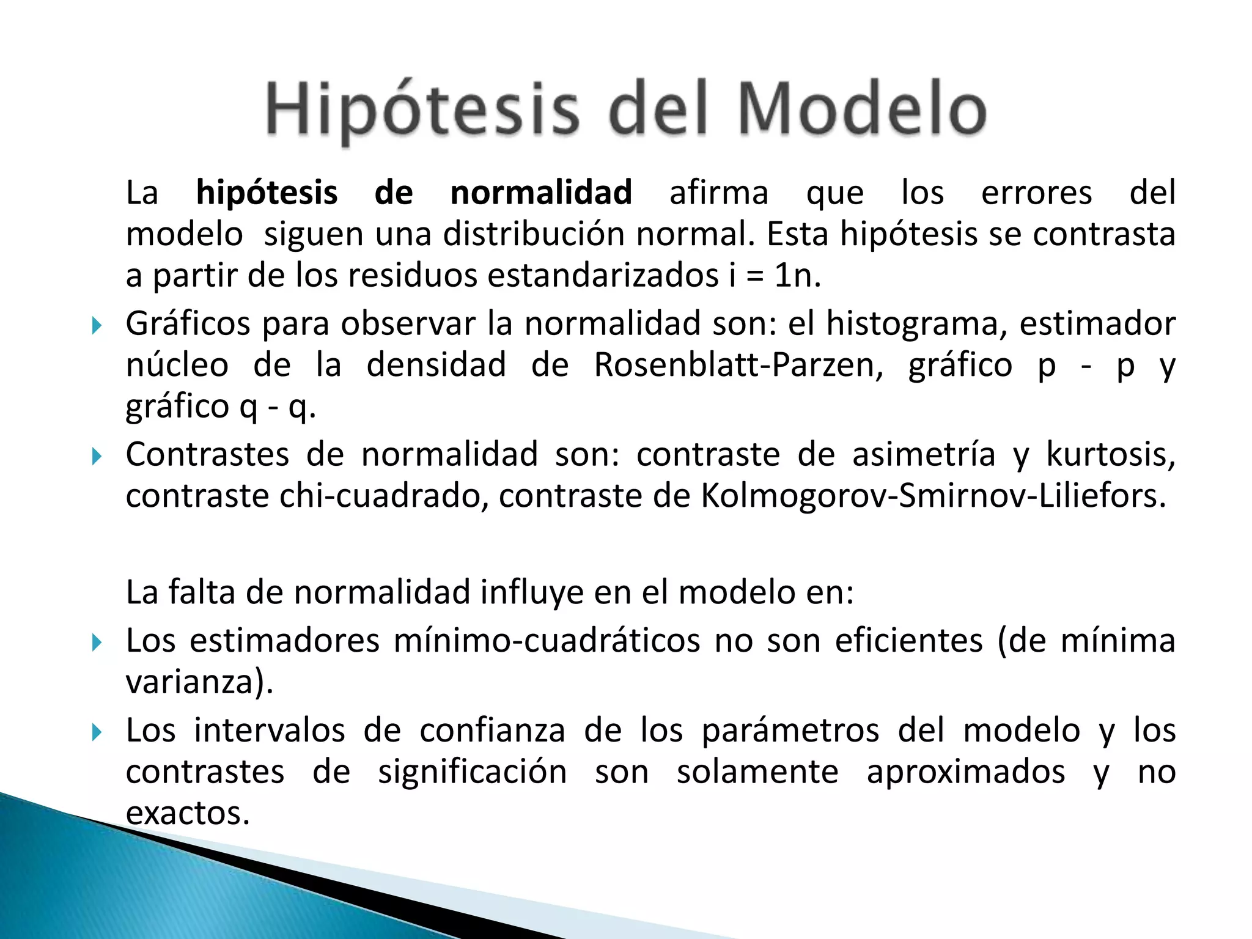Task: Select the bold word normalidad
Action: (x=541, y=193)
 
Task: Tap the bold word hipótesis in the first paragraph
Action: (x=267, y=193)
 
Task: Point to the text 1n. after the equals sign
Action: (x=797, y=276)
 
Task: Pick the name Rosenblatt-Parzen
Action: (x=738, y=365)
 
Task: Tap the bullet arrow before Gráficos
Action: (x=96, y=325)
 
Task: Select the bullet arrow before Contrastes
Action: (x=96, y=456)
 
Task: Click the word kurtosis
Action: (x=1110, y=454)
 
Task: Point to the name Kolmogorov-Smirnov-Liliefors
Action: (x=933, y=496)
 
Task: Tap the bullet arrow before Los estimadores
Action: (x=96, y=643)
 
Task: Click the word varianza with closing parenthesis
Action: (x=199, y=682)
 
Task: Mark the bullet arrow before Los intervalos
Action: (x=96, y=732)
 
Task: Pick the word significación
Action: (x=472, y=772)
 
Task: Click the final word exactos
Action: (x=188, y=813)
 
